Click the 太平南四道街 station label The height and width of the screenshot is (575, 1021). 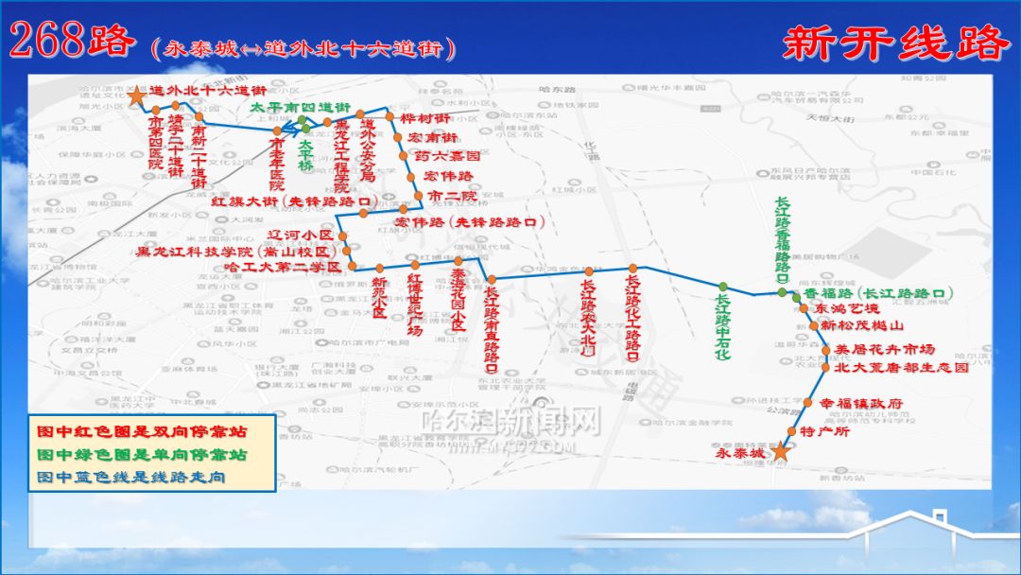click(x=300, y=107)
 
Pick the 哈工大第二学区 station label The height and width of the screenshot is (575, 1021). click(x=285, y=268)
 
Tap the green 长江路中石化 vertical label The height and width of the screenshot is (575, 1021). click(x=722, y=326)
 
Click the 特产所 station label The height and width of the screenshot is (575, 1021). click(x=825, y=431)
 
